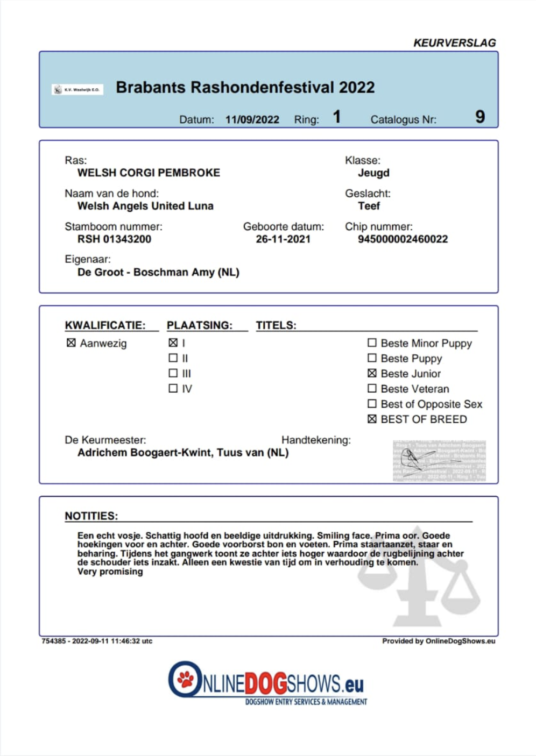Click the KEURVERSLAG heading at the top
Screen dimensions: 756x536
[454, 43]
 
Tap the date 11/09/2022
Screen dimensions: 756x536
[252, 119]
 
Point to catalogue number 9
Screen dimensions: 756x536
[480, 117]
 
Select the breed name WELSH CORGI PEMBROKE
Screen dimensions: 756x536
[149, 173]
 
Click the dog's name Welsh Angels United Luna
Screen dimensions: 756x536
[145, 206]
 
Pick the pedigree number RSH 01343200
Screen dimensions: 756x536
[114, 239]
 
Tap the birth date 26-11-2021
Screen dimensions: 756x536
[283, 239]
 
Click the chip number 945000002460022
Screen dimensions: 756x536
[403, 239]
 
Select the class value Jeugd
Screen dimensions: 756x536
[373, 173]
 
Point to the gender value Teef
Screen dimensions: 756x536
[369, 206]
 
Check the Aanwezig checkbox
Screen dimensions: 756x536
[71, 343]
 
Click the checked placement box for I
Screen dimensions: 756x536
[173, 343]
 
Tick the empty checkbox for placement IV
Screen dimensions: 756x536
[173, 388]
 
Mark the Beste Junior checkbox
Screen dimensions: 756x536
[372, 373]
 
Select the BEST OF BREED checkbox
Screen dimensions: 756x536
[372, 419]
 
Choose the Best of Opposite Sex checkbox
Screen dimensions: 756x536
[372, 403]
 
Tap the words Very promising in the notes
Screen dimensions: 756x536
[110, 572]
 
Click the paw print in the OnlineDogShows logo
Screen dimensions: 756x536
[186, 679]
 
